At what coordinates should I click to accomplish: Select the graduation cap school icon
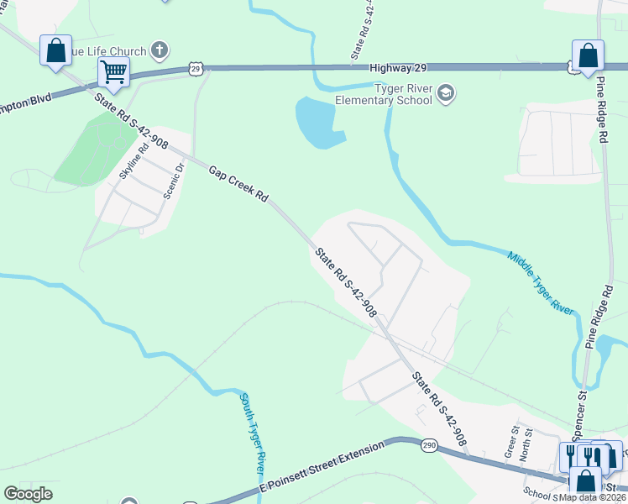coord(447,93)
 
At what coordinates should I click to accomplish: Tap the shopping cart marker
coord(113,71)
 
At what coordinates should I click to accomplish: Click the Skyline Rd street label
coord(133,160)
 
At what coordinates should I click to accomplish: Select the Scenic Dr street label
coord(174,178)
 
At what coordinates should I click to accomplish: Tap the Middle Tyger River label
coord(542,282)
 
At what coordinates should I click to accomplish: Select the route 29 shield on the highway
coord(196,67)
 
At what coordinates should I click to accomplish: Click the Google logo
coord(29,494)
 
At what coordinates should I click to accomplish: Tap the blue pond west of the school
coord(317,122)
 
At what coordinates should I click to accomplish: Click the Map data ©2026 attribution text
coord(593,496)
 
